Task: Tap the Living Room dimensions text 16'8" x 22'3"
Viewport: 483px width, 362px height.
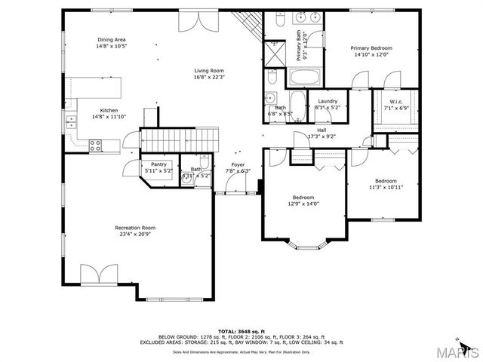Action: tap(209, 77)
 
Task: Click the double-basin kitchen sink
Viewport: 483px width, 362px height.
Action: tap(71, 121)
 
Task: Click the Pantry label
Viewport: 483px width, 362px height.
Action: tap(158, 164)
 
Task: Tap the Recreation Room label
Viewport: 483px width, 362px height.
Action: tap(135, 228)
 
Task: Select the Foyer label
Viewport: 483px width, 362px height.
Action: tap(238, 164)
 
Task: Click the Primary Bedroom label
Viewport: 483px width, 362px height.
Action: tap(371, 48)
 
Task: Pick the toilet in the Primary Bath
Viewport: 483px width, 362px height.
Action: tap(278, 23)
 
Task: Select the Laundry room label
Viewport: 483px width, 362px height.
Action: tap(327, 101)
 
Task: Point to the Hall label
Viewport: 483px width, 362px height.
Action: tap(321, 130)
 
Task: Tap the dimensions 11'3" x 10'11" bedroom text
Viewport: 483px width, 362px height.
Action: tap(386, 187)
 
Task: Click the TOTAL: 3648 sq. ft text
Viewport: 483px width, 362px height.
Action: tap(239, 331)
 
